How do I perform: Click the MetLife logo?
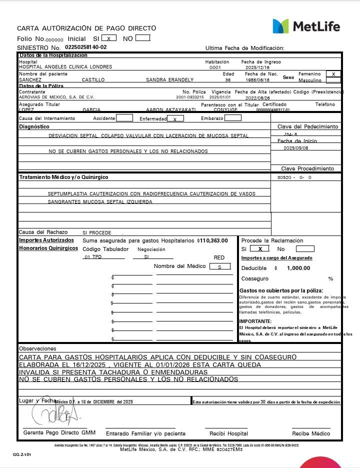(x=306, y=26)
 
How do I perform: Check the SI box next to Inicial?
(x=109, y=38)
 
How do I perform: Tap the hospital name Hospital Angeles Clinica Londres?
(x=65, y=67)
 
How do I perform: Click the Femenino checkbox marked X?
(x=333, y=73)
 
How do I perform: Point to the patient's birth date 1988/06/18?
(x=258, y=79)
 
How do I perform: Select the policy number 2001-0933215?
(x=190, y=97)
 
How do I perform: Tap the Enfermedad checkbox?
(x=175, y=118)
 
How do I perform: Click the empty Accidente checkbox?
(x=124, y=118)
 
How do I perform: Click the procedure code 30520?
(x=285, y=177)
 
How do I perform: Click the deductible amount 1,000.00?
(x=298, y=268)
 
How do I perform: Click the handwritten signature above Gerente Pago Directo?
(x=56, y=411)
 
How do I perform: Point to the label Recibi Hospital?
(x=228, y=433)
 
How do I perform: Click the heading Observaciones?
(x=37, y=348)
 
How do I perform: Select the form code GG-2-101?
(x=22, y=455)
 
